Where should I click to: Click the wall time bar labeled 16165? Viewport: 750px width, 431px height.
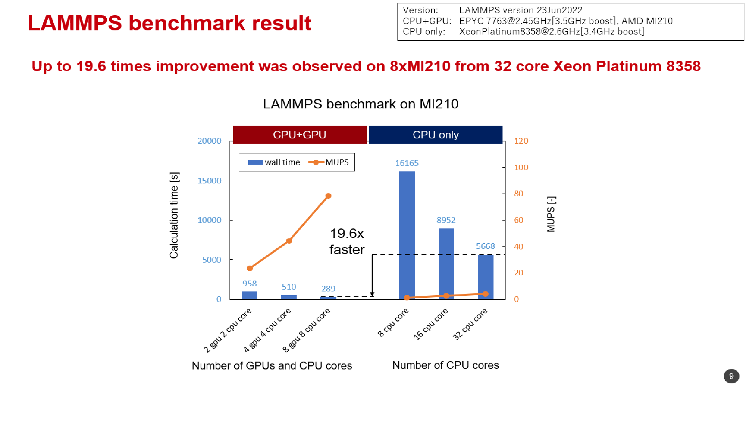coord(407,235)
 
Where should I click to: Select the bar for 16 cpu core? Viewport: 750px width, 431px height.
coord(446,264)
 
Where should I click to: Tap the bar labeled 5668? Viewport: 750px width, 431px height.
coord(486,277)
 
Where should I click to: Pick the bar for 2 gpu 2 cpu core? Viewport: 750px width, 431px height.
coord(249,295)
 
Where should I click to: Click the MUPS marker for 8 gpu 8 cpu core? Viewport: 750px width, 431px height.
coord(328,196)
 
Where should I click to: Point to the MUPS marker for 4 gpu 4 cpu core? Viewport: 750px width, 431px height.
coord(289,241)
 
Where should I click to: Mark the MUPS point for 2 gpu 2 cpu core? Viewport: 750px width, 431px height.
coord(250,268)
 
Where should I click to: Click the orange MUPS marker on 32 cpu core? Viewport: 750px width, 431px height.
coord(486,294)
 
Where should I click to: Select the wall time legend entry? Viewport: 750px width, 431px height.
coord(274,162)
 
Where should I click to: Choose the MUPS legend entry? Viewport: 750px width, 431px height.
coord(328,162)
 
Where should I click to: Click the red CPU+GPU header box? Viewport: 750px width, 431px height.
coord(300,135)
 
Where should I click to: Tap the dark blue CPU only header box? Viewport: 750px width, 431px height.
coord(436,135)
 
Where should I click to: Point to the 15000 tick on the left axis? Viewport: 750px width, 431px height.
coord(210,181)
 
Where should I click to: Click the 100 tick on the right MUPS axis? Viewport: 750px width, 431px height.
coord(521,168)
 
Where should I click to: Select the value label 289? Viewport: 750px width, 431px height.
coord(328,289)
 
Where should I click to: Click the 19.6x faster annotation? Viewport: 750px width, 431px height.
coord(347,242)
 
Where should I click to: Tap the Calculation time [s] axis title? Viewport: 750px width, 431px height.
coord(174,215)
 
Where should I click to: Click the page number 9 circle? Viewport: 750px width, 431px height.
coord(731,376)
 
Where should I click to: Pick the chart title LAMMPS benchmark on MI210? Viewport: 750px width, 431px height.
coord(361,104)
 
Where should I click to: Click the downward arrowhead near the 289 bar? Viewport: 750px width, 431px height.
coord(372,294)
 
